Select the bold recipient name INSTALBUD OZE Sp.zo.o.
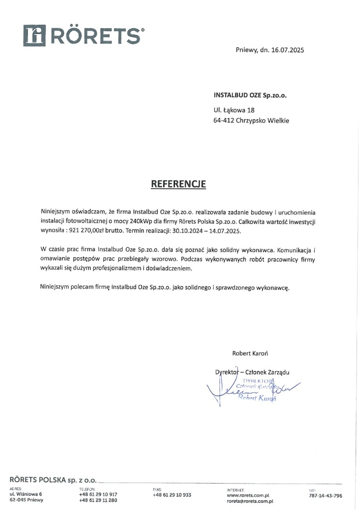250,94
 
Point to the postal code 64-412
223,120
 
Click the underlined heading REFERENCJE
178,184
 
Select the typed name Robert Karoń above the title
250,353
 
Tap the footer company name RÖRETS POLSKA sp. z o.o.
51,480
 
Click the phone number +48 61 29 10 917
98,494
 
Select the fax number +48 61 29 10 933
172,495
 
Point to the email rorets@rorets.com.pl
250,501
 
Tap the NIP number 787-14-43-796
326,496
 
